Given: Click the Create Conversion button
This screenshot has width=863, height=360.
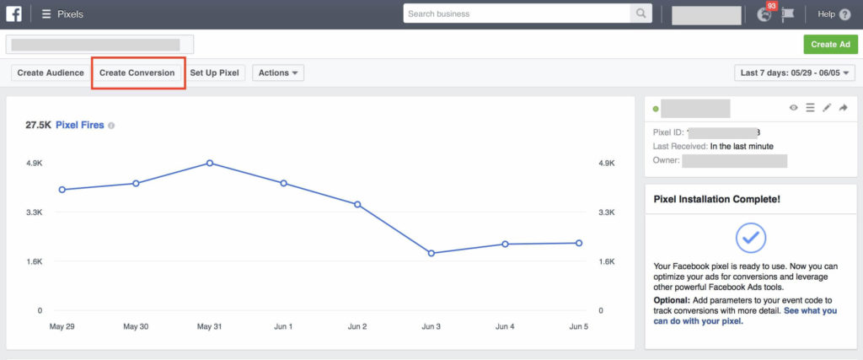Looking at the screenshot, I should pos(137,73).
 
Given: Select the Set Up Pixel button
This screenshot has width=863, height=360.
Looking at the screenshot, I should pos(215,73).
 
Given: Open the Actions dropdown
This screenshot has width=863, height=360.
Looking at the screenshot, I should pos(278,73).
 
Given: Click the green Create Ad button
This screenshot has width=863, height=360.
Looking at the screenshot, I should pos(830,45).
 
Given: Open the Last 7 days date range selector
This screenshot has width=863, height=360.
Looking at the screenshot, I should pos(796,73).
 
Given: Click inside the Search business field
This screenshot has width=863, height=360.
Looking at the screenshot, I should pos(517,13).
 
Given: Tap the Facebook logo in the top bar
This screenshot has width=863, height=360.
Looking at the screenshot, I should pos(13,13).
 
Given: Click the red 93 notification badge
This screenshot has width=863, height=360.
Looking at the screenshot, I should pos(771,7).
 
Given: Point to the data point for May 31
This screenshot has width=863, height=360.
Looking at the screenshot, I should pos(210,163).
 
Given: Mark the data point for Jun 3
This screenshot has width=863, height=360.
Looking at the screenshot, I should pos(431,253).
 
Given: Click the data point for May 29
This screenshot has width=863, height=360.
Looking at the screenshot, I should pos(62,190).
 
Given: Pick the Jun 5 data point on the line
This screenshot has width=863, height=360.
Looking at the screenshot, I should pos(579,243).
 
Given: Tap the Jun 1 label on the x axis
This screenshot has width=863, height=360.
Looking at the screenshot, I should pos(284,326).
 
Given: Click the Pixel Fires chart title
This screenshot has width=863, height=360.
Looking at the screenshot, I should pos(80,125).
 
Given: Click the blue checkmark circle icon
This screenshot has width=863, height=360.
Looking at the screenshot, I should pos(751,238).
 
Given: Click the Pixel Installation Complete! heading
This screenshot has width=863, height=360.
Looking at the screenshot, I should pos(716,200).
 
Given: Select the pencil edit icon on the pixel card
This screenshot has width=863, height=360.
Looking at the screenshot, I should pos(826,108).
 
